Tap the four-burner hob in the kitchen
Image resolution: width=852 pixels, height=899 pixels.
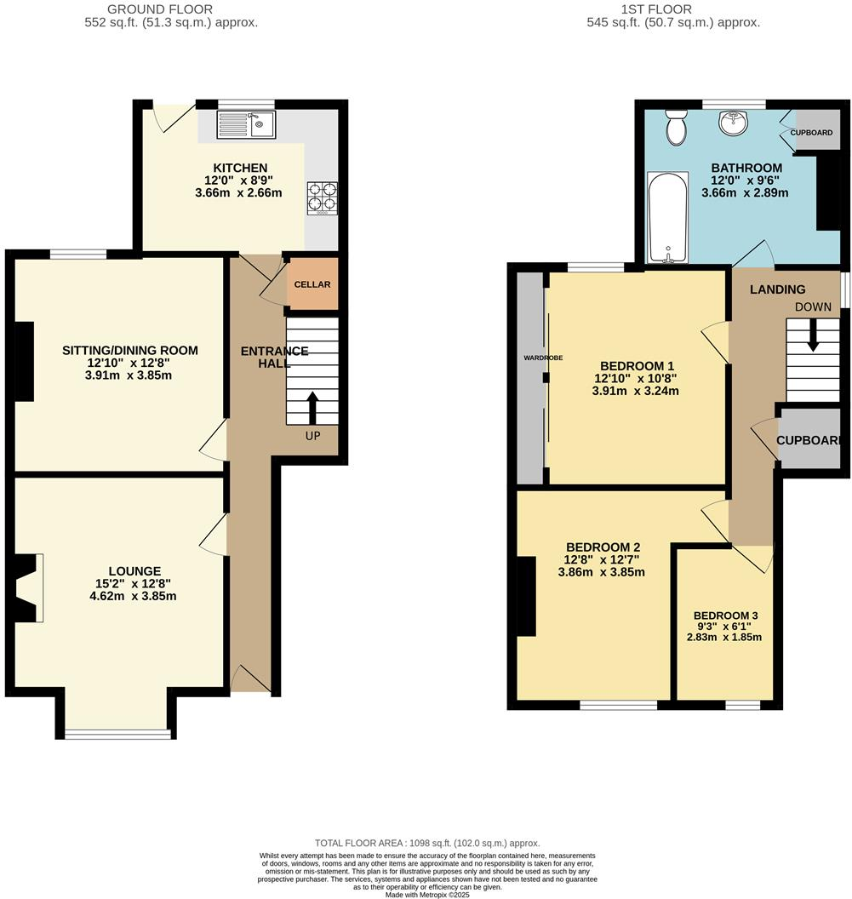click(x=322, y=198)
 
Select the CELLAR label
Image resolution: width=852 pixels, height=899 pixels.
click(x=312, y=284)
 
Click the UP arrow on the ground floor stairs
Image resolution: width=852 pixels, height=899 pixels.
click(x=312, y=408)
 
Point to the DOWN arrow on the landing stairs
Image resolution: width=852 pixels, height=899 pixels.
click(x=813, y=335)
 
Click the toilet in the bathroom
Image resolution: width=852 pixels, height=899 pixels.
click(x=678, y=127)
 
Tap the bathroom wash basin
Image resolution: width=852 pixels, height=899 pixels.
click(x=734, y=124)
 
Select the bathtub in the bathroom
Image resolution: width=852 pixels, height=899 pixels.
click(x=667, y=216)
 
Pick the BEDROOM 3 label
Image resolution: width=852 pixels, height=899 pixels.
click(x=725, y=616)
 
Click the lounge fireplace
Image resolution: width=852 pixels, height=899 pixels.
click(x=27, y=587)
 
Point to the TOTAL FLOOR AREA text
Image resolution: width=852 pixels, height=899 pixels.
click(x=426, y=843)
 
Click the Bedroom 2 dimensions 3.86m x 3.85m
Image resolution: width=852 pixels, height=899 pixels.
click(x=601, y=573)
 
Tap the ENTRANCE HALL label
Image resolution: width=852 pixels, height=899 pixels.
click(x=274, y=358)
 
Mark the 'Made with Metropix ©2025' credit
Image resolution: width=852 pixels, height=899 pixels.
click(x=426, y=894)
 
